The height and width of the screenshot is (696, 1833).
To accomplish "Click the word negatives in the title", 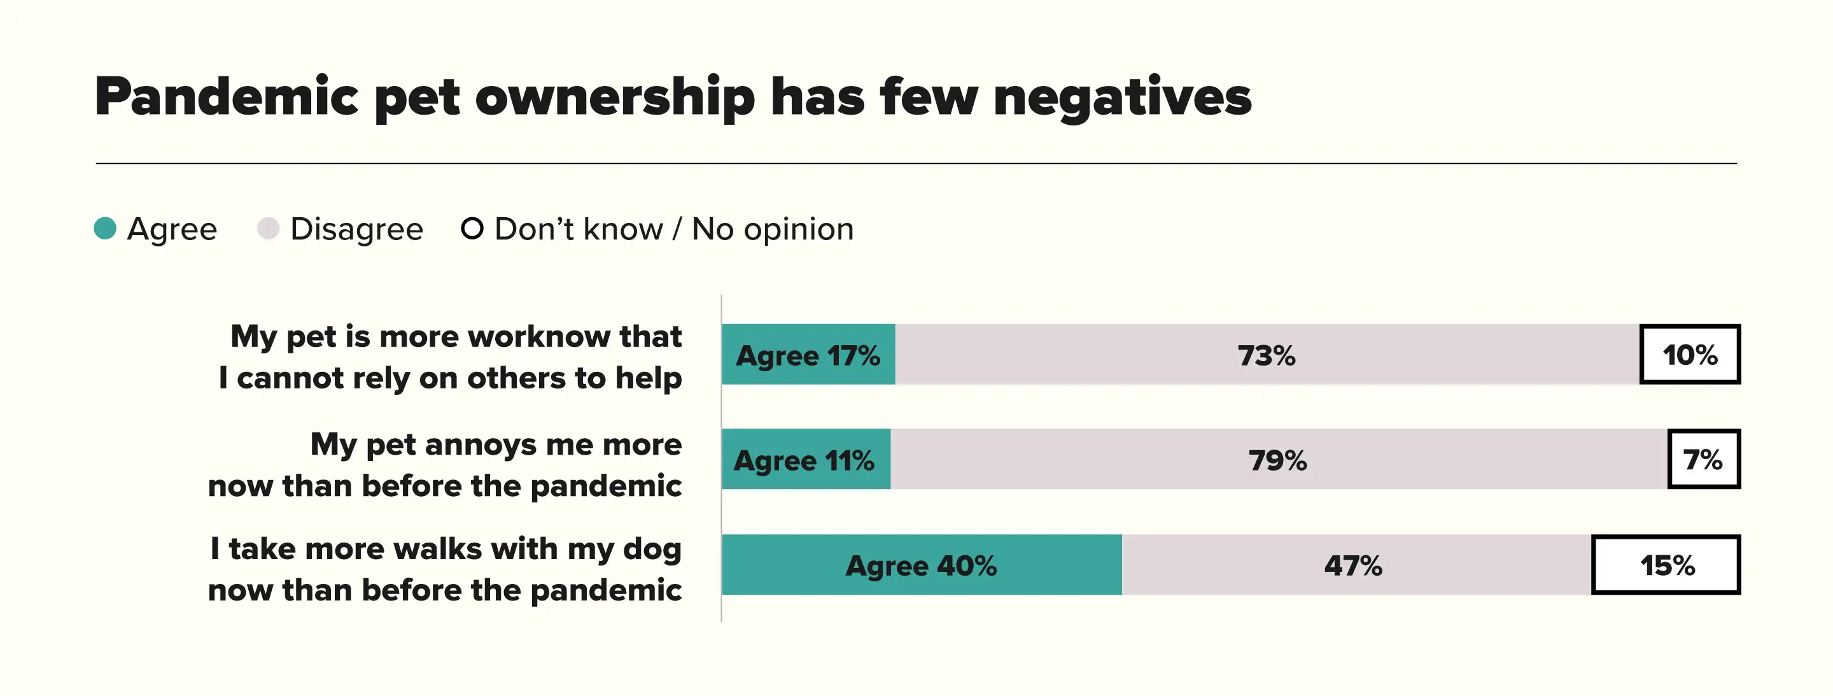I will (1122, 97).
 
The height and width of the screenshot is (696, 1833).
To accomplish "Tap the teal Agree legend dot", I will (105, 229).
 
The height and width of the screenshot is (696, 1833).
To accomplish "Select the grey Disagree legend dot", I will (268, 229).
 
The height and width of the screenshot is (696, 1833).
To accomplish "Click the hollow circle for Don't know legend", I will (472, 229).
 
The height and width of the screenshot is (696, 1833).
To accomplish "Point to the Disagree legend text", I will (356, 229).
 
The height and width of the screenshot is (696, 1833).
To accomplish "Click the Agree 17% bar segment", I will (808, 355).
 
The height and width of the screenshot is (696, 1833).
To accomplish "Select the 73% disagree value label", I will (1267, 355).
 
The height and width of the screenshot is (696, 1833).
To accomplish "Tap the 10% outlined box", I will (1690, 355).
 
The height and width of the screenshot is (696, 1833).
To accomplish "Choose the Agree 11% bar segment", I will (804, 460).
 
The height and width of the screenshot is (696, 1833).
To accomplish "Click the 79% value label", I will (1278, 460).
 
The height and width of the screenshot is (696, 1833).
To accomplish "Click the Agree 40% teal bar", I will (922, 565).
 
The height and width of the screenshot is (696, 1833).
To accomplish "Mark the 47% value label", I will (1353, 565).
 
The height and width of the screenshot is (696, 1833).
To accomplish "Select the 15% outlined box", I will (1666, 565).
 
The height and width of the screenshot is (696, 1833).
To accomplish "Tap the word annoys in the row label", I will (481, 444).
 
